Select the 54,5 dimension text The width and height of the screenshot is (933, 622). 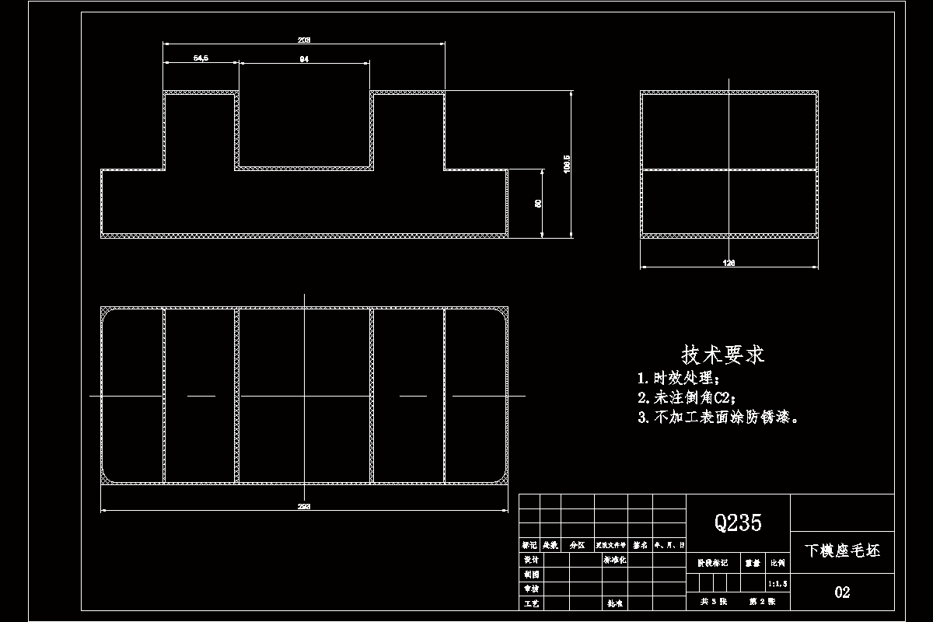(x=200, y=58)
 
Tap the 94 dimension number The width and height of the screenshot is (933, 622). (x=303, y=58)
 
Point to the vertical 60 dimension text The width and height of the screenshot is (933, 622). (x=538, y=203)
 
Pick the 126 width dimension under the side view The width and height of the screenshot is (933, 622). (x=729, y=263)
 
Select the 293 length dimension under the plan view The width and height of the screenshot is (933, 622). (x=304, y=506)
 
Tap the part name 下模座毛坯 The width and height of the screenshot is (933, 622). (x=842, y=551)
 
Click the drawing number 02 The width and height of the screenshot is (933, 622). (x=842, y=592)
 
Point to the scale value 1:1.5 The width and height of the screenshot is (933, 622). (x=777, y=582)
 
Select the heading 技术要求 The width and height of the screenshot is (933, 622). (x=723, y=355)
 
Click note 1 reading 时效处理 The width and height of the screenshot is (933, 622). (x=679, y=379)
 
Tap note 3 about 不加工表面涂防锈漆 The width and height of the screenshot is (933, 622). (x=718, y=418)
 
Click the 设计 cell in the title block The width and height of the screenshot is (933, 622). (x=530, y=560)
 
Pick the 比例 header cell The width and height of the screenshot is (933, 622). (x=777, y=561)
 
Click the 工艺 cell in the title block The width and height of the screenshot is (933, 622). (x=530, y=603)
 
